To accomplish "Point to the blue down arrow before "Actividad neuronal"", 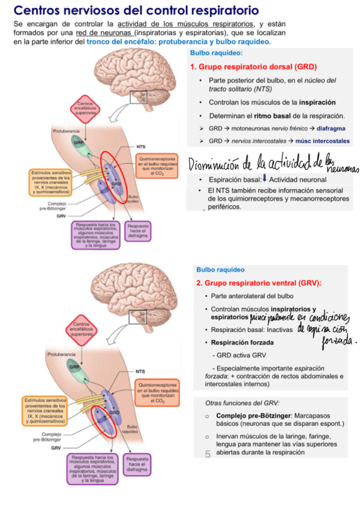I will click(x=265, y=179).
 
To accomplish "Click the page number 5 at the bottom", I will click(x=208, y=454).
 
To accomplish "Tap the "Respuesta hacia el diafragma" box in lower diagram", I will click(x=138, y=465).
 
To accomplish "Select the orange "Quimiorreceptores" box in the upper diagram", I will click(x=158, y=164).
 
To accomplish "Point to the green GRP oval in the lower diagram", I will click(x=76, y=366).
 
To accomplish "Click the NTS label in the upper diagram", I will click(x=141, y=146).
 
